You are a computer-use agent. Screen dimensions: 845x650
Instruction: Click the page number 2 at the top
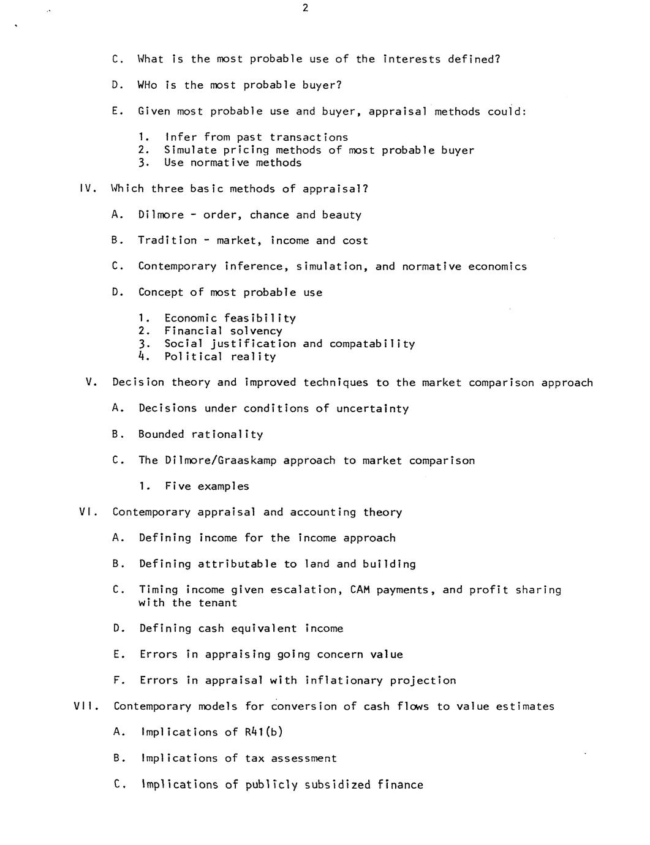point(305,8)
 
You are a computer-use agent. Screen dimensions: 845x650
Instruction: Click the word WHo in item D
point(148,85)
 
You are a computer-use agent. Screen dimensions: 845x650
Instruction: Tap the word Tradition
point(167,241)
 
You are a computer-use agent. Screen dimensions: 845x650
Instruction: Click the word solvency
point(256,331)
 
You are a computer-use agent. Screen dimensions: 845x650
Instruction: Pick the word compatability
point(372,344)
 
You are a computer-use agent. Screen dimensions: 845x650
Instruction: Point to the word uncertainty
point(372,408)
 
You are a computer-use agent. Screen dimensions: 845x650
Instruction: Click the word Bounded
point(161,435)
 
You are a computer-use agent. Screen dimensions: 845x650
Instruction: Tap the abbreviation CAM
point(360,590)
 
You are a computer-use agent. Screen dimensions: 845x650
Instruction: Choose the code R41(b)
point(263,732)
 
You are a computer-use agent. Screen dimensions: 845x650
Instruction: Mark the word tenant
point(217,603)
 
